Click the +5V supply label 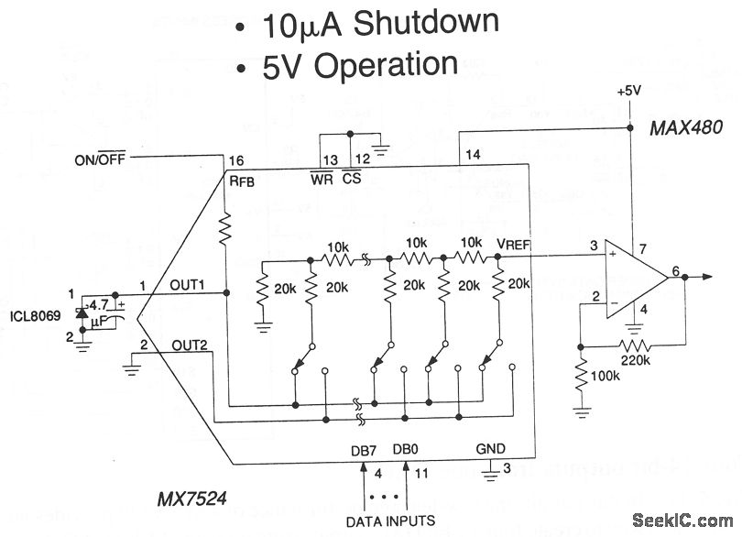630,92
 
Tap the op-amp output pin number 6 675,270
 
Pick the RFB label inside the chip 242,180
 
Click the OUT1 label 188,285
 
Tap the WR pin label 322,179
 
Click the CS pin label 352,179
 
